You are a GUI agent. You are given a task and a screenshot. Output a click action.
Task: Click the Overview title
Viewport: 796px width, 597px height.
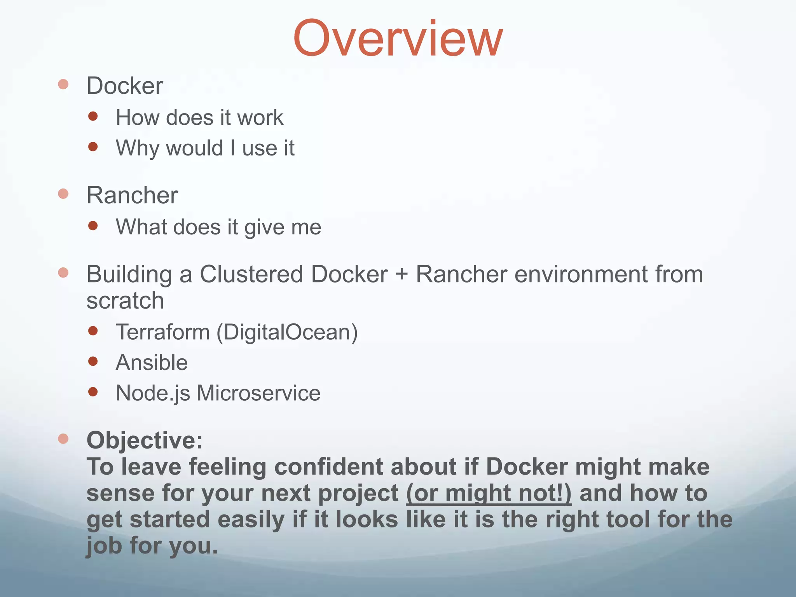(x=398, y=39)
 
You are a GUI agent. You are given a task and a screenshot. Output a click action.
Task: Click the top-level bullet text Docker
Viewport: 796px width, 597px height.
(x=124, y=86)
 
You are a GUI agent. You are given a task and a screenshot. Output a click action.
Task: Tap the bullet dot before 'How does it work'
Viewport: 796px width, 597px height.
(x=93, y=116)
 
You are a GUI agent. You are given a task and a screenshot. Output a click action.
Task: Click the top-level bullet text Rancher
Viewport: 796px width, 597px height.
(x=132, y=195)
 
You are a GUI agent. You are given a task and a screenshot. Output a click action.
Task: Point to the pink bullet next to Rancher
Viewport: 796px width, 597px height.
(x=63, y=194)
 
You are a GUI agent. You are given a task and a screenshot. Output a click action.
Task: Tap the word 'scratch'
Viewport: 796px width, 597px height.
(x=125, y=301)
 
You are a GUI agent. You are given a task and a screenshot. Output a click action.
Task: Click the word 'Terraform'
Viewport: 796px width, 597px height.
(x=163, y=332)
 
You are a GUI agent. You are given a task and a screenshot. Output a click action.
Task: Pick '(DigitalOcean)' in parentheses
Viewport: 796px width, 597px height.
(x=287, y=332)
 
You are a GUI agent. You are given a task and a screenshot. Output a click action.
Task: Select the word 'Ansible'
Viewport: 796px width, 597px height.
(x=152, y=363)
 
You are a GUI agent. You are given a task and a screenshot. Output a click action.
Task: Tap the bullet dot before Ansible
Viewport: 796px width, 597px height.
(x=93, y=361)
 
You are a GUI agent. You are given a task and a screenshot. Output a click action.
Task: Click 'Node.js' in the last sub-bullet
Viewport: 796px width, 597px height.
(x=153, y=393)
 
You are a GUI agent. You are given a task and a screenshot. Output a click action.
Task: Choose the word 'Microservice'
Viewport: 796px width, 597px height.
(x=258, y=393)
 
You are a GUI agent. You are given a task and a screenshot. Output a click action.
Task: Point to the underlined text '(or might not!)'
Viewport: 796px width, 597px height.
(x=489, y=493)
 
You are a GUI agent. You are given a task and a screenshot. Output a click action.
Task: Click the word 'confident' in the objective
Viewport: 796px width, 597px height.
(x=328, y=466)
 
